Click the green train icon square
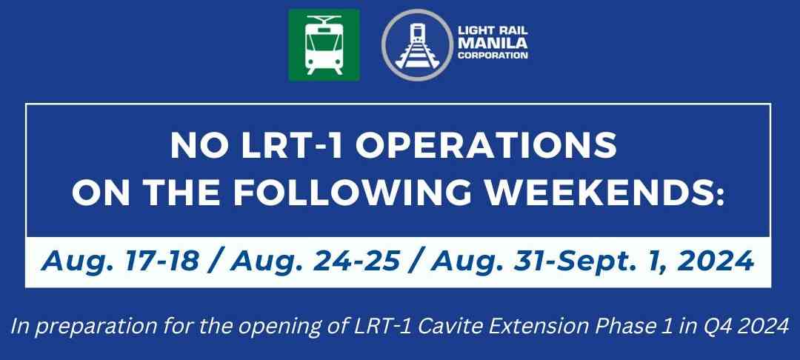click(x=324, y=45)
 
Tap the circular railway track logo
click(x=416, y=44)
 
